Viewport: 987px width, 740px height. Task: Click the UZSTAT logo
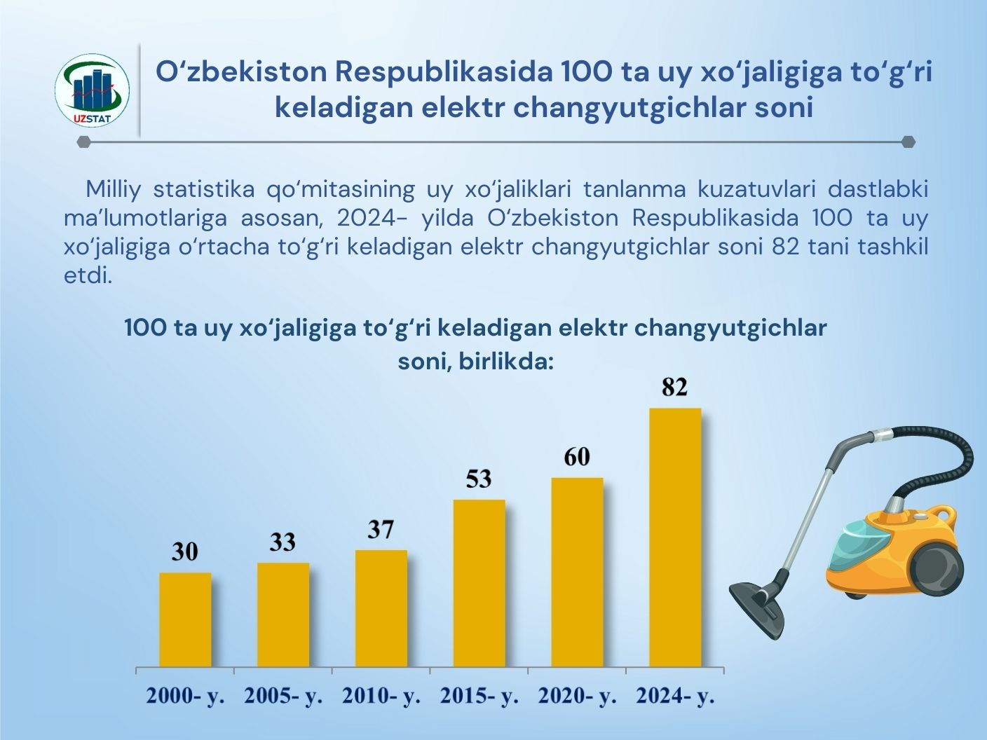click(92, 90)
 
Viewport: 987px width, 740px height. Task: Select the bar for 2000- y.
click(185, 619)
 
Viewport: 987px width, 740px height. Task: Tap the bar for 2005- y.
click(283, 615)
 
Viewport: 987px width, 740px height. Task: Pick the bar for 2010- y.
click(381, 608)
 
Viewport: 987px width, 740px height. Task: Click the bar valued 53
click(479, 583)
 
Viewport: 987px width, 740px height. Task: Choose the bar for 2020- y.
click(578, 572)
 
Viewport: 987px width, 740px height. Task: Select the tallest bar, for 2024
click(675, 537)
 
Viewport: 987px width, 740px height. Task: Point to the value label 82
click(674, 388)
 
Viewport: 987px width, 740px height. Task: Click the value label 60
click(577, 458)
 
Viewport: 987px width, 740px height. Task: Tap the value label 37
click(381, 530)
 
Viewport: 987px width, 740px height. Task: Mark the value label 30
click(185, 553)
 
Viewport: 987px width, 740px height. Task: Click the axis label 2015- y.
click(479, 697)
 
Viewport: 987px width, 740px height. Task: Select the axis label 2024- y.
click(675, 697)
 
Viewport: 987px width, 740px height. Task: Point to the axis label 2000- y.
click(185, 697)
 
